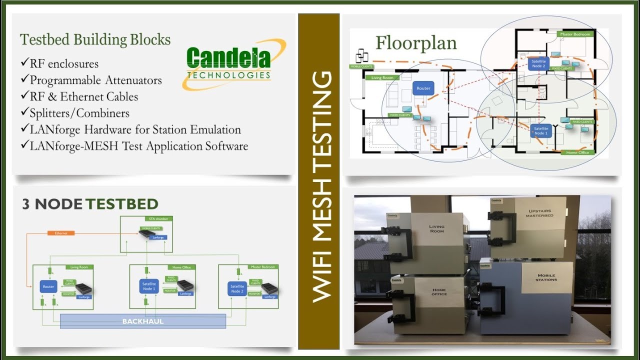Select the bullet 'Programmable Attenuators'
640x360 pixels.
click(95, 80)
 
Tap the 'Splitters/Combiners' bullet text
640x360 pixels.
click(79, 113)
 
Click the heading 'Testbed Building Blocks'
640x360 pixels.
click(95, 39)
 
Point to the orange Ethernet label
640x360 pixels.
click(65, 233)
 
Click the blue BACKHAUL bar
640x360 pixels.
click(143, 321)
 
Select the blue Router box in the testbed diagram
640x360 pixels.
click(48, 287)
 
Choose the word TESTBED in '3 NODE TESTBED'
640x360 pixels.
click(121, 204)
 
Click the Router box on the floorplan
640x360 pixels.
click(423, 88)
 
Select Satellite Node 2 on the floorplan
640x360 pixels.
click(538, 63)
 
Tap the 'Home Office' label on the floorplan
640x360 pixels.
click(577, 152)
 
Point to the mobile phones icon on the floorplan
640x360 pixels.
click(362, 55)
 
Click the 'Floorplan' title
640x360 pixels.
click(416, 43)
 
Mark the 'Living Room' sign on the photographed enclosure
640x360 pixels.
click(436, 229)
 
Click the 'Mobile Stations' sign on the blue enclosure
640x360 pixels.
click(546, 277)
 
